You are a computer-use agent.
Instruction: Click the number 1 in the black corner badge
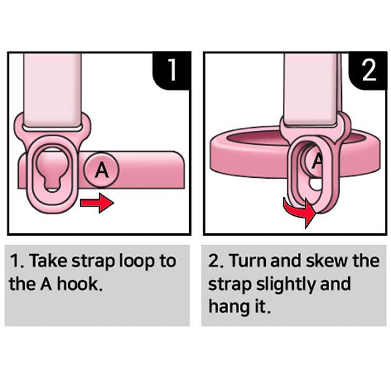172,70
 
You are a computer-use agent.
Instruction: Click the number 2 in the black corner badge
369,70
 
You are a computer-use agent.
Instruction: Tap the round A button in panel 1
102,169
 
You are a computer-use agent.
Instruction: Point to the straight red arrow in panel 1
96,203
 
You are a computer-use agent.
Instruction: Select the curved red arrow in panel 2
299,210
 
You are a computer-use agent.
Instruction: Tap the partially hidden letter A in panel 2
317,162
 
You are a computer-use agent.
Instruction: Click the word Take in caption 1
48,261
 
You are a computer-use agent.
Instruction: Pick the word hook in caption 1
80,283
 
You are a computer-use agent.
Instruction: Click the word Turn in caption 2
248,260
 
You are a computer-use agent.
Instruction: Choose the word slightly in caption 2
286,285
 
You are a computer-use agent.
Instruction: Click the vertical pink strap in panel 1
52,91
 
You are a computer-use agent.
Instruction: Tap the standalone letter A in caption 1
46,283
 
